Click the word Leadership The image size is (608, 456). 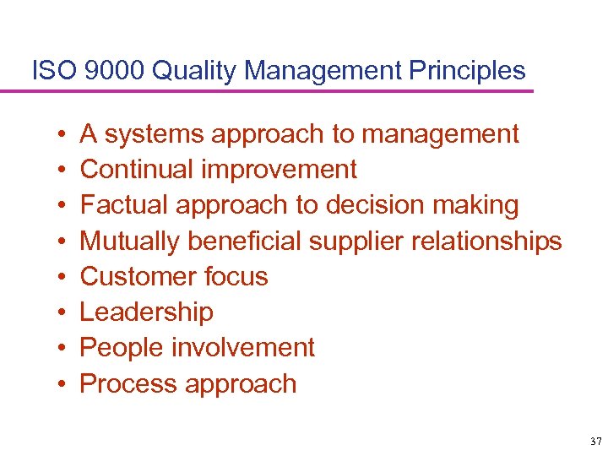tap(146, 312)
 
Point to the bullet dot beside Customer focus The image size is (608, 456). tap(63, 278)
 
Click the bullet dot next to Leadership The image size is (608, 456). tap(63, 313)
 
